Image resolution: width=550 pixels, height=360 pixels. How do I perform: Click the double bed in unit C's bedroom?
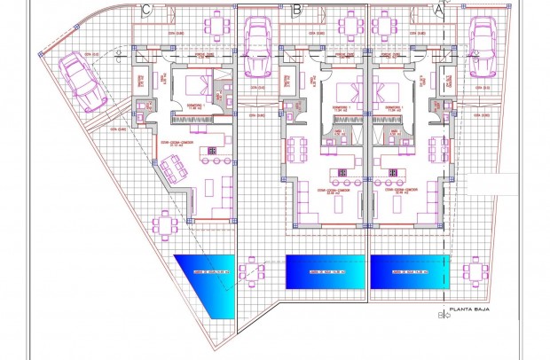click(198, 87)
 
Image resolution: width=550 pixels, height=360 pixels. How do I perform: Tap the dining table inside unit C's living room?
click(174, 166)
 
